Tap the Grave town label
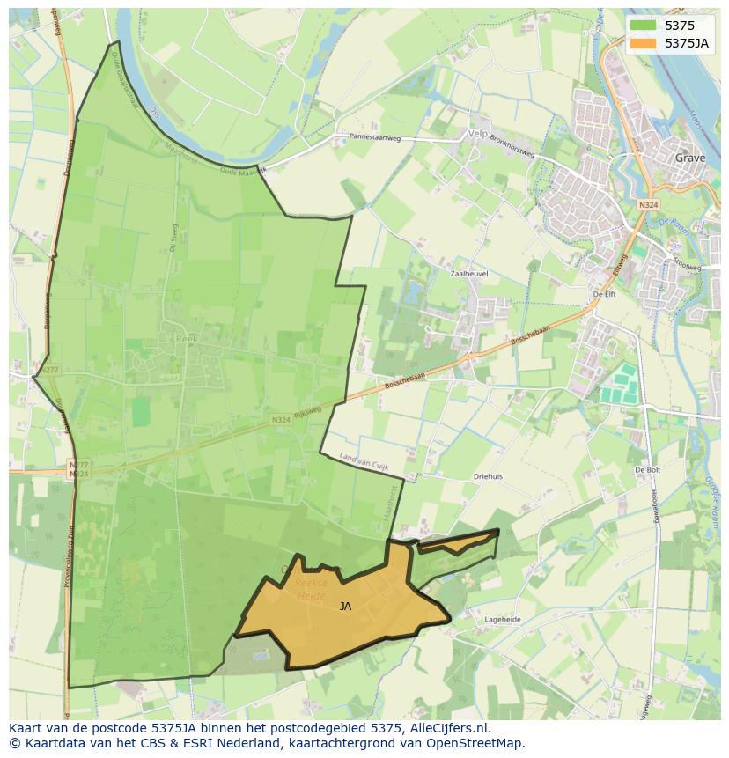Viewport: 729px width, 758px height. coord(690,158)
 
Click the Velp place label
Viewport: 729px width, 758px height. coord(478,133)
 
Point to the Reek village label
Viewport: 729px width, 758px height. coord(186,337)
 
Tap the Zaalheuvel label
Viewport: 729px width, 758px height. coord(468,274)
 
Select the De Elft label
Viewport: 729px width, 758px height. coord(604,295)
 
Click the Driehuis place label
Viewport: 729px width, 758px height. coord(487,476)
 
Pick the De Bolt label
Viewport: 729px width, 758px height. coord(647,470)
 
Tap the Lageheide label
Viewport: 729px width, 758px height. coord(503,620)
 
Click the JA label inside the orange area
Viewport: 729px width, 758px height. coord(345,606)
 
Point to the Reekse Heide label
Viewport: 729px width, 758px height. coord(311,588)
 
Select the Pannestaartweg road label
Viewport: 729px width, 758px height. coord(375,137)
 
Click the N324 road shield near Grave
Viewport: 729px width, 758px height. coord(648,204)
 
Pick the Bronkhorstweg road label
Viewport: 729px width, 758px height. coord(513,140)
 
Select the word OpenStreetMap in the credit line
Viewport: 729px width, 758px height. coord(475,743)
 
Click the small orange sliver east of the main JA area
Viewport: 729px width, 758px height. coord(462,542)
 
